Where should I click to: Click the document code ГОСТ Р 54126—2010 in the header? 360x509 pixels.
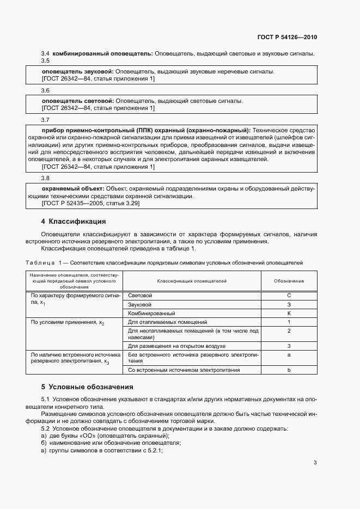286,38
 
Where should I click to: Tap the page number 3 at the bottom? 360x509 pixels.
315,463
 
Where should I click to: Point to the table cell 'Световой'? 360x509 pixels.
139,295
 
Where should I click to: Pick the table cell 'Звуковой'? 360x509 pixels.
139,304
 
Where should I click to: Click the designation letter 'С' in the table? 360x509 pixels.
289,295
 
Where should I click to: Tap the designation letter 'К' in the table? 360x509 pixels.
289,314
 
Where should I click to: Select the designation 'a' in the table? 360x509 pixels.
289,355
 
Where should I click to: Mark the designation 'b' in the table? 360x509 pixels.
289,370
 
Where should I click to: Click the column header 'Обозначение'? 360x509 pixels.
289,281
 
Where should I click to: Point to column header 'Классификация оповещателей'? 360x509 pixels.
192,281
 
